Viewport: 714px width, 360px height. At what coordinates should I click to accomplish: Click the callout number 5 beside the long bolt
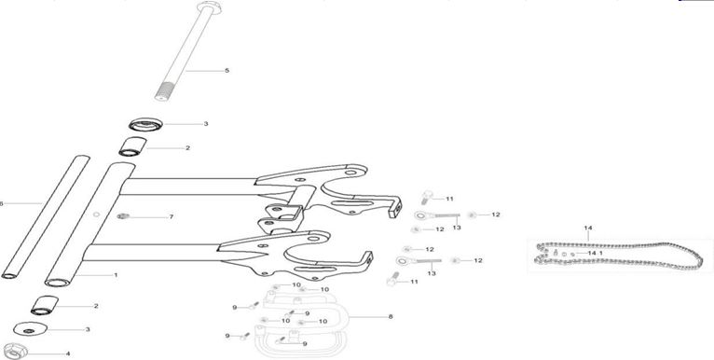tap(227, 70)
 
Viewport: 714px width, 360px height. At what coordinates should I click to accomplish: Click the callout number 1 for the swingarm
tap(116, 275)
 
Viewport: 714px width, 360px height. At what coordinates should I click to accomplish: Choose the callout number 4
tap(67, 353)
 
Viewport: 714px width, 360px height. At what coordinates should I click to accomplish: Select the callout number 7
tap(171, 216)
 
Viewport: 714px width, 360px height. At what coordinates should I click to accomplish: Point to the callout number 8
tap(390, 317)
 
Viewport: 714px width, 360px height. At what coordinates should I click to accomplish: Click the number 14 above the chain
tap(587, 228)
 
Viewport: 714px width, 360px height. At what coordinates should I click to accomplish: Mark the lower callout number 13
tap(432, 273)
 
